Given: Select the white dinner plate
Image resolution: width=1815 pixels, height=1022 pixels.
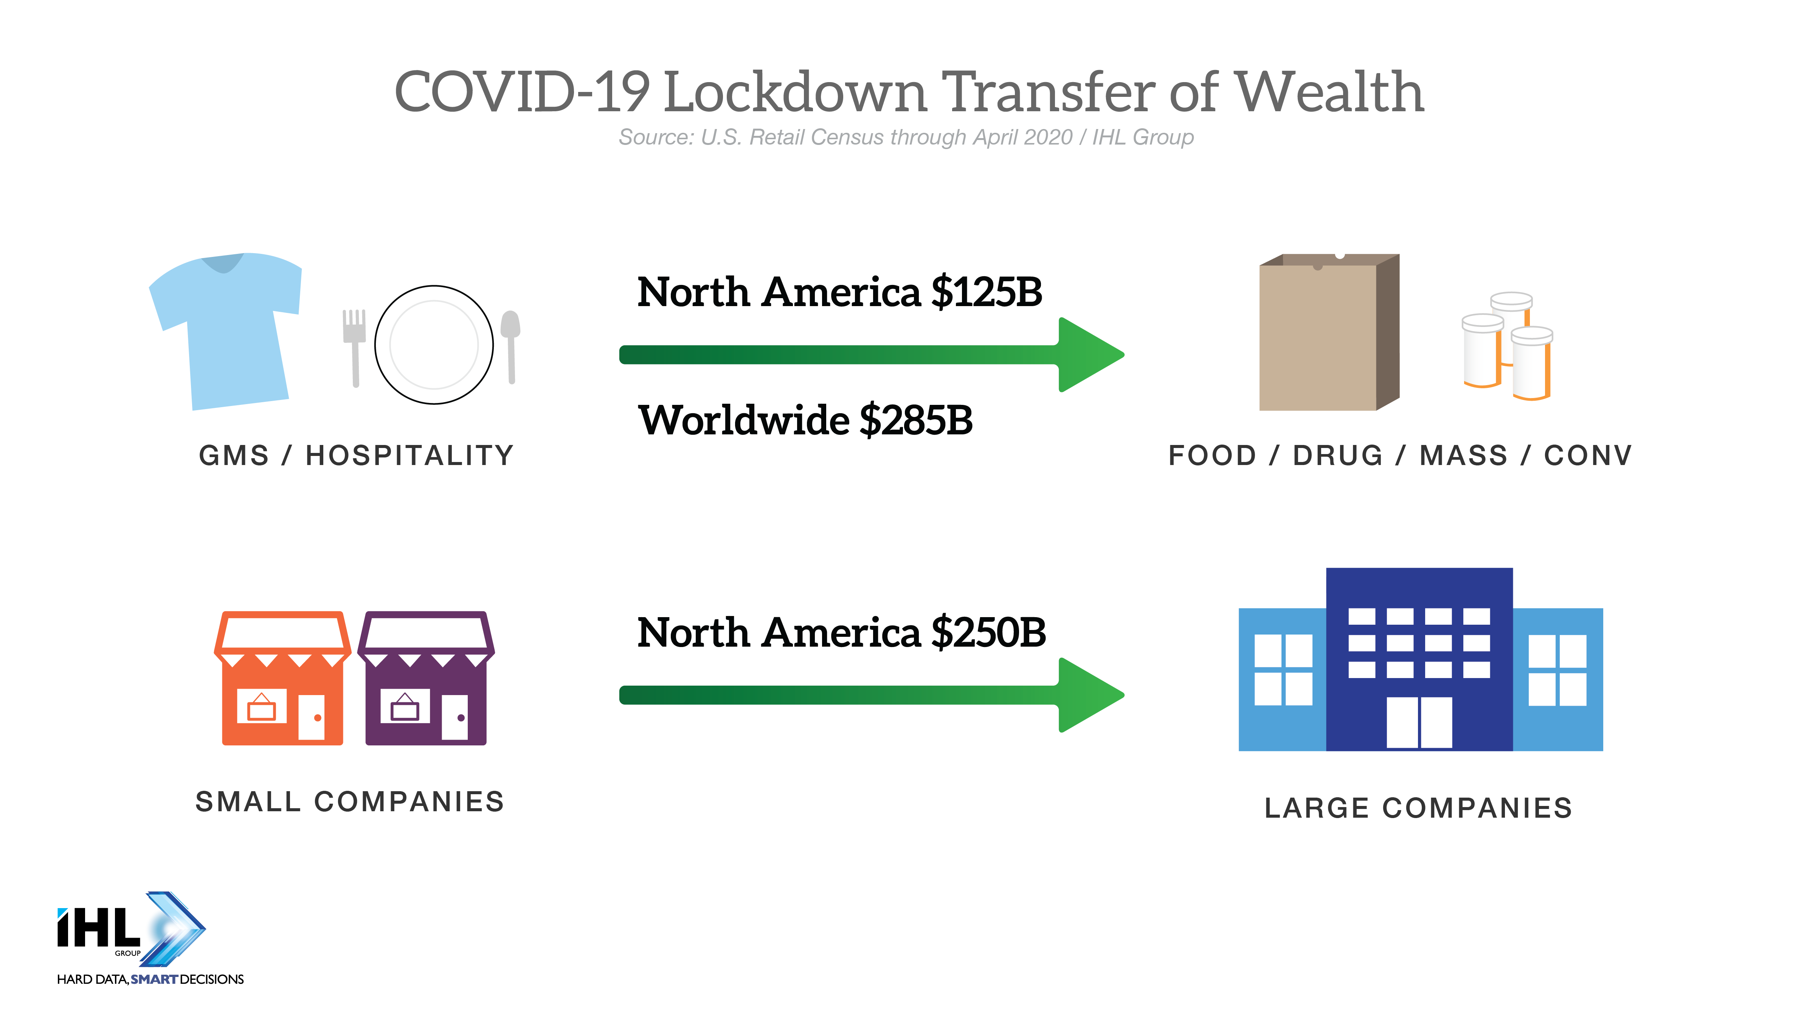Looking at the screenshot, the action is pyautogui.click(x=434, y=345).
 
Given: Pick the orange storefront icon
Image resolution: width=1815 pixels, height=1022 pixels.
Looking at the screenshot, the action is pyautogui.click(x=282, y=678).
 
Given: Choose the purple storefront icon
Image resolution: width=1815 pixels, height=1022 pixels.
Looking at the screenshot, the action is pyautogui.click(x=426, y=678).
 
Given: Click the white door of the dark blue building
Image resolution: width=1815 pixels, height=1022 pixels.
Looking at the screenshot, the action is pyautogui.click(x=1419, y=722).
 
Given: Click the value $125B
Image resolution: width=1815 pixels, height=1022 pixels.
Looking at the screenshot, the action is pyautogui.click(x=987, y=292).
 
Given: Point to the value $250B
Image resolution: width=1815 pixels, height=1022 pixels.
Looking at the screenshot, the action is pyautogui.click(x=988, y=632).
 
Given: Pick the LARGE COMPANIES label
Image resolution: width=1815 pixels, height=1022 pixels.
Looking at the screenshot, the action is pyautogui.click(x=1418, y=808).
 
